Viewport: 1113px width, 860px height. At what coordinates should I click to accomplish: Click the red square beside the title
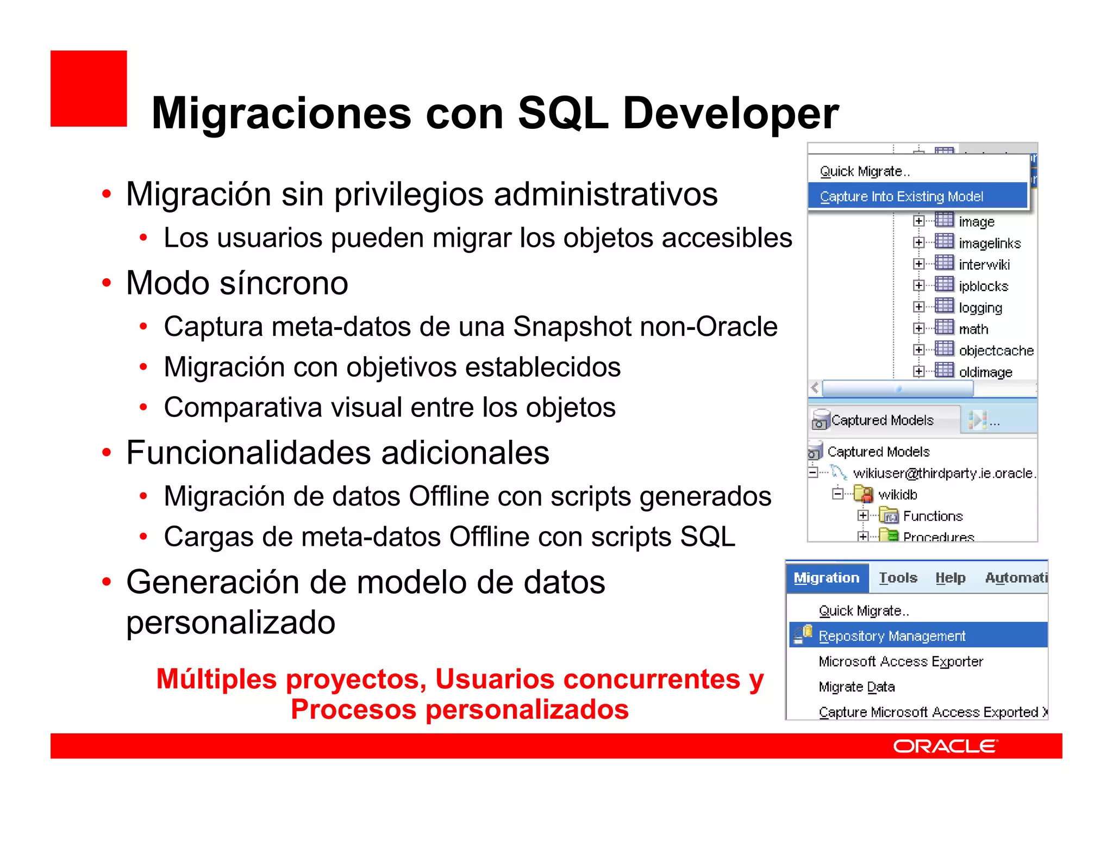click(89, 89)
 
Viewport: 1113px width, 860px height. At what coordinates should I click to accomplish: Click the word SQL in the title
click(562, 113)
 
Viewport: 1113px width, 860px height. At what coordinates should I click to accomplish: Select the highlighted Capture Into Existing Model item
click(901, 196)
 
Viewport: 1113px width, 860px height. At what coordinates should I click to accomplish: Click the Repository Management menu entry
click(892, 635)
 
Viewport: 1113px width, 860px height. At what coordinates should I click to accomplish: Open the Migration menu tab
click(826, 577)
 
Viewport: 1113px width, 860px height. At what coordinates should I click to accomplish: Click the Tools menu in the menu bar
click(898, 577)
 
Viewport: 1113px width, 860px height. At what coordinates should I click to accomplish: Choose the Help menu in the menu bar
click(950, 577)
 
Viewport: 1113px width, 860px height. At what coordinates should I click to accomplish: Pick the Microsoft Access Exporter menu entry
click(901, 661)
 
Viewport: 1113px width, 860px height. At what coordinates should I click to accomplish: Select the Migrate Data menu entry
click(856, 687)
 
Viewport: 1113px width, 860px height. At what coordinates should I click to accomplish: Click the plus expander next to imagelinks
click(918, 242)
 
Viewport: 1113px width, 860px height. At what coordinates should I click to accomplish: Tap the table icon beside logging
click(944, 306)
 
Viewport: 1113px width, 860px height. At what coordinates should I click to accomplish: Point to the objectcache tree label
click(996, 351)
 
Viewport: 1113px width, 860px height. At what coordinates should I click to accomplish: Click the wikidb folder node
click(897, 495)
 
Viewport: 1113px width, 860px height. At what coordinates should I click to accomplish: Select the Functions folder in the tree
click(933, 516)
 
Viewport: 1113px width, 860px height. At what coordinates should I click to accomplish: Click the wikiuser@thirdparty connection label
click(943, 473)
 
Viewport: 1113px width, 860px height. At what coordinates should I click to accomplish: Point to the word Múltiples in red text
click(216, 679)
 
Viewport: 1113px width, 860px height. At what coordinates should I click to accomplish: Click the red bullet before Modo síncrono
click(107, 283)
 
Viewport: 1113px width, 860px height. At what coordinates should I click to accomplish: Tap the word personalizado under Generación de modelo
click(230, 622)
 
